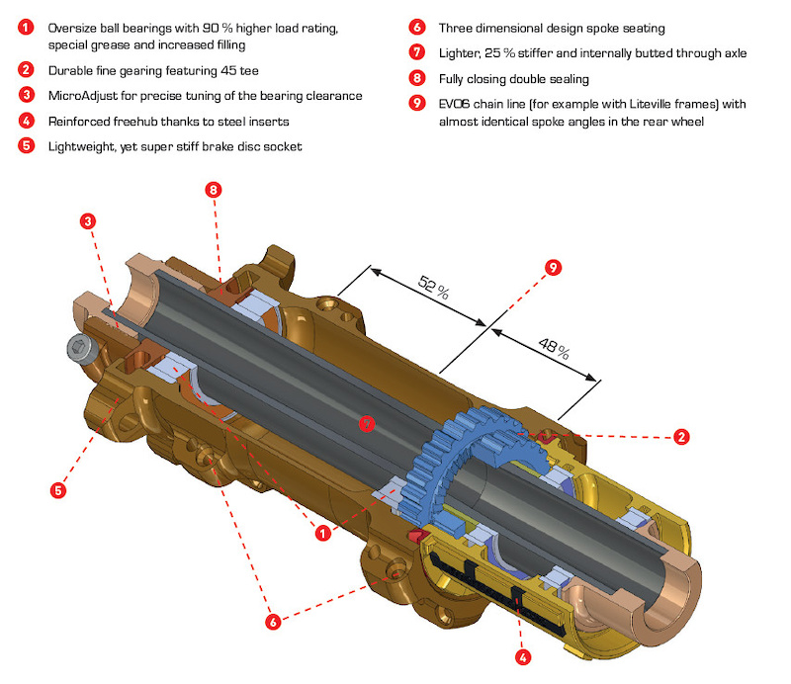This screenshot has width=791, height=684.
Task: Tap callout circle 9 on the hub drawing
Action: tap(553, 266)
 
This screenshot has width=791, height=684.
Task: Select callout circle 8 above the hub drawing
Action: tap(212, 189)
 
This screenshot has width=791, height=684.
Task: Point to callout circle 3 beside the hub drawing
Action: tap(88, 221)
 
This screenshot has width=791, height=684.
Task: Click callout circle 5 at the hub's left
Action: tap(58, 488)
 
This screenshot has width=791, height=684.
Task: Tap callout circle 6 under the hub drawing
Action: tap(273, 622)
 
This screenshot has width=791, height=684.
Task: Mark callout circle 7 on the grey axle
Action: tap(368, 424)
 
